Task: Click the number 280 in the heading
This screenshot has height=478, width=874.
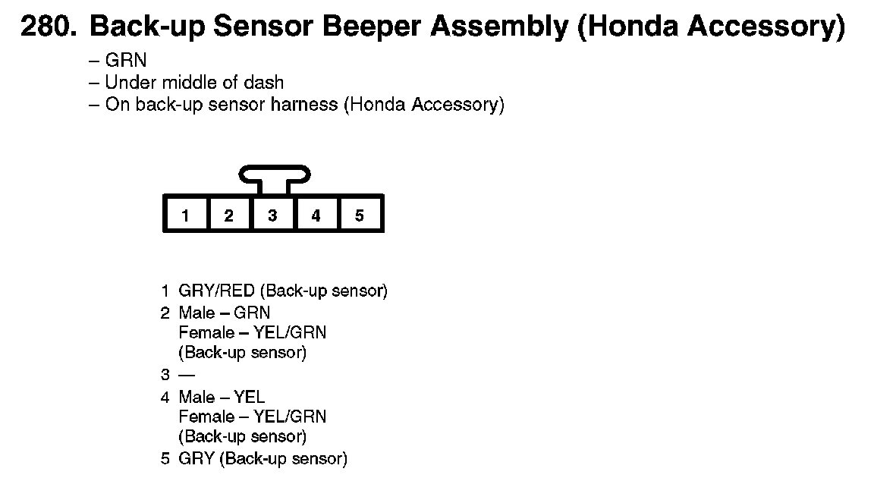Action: (x=47, y=28)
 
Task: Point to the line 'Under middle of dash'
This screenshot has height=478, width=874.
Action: (x=193, y=83)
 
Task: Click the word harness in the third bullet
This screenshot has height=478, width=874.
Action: (x=304, y=105)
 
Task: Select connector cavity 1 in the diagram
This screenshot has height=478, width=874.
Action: (x=185, y=215)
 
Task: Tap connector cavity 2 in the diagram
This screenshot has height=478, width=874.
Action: (x=228, y=215)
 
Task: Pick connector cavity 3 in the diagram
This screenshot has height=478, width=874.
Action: (x=272, y=215)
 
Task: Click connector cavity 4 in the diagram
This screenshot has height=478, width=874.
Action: (x=316, y=215)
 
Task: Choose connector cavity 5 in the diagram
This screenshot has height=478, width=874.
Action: (x=359, y=215)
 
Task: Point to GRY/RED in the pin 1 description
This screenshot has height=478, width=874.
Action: (x=206, y=291)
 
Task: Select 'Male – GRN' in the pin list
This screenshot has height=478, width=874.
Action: (x=224, y=313)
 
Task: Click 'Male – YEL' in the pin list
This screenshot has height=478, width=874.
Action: (x=222, y=397)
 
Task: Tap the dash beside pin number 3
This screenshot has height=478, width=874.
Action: (x=187, y=375)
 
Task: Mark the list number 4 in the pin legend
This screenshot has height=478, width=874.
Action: (x=165, y=397)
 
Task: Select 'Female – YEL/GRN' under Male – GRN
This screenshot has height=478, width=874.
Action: (x=253, y=333)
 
